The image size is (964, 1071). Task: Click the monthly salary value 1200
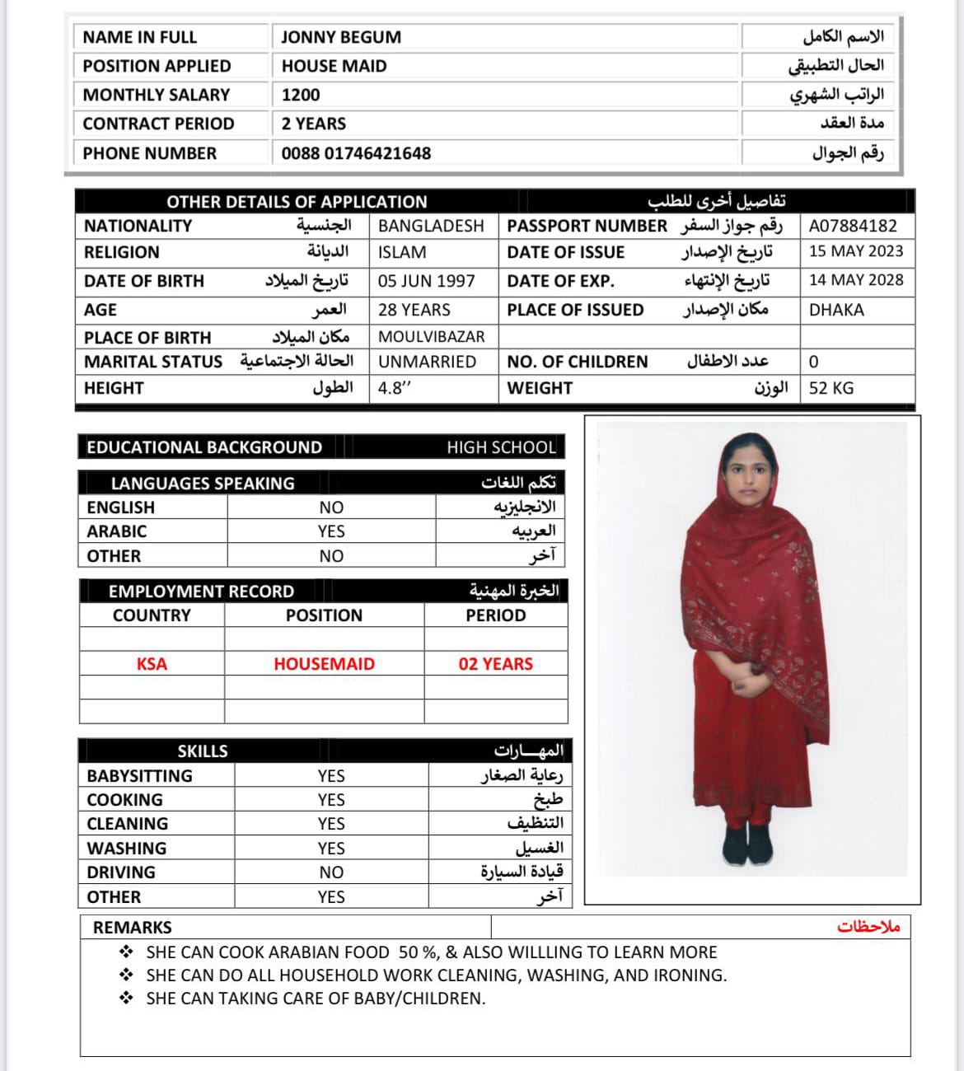pyautogui.click(x=301, y=95)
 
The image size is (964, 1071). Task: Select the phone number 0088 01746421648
pyautogui.click(x=356, y=153)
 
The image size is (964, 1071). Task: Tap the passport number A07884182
pyautogui.click(x=853, y=226)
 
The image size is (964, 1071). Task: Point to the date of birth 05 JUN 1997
pyautogui.click(x=426, y=281)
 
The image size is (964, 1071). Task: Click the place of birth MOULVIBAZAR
pyautogui.click(x=431, y=336)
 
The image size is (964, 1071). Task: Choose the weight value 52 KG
pyautogui.click(x=831, y=388)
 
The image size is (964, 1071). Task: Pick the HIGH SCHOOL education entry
pyautogui.click(x=501, y=447)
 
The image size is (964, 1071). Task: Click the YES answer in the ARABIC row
pyautogui.click(x=331, y=531)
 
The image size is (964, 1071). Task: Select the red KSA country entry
pyautogui.click(x=152, y=664)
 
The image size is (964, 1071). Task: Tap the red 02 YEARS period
pyautogui.click(x=495, y=664)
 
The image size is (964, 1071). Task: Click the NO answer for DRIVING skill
pyautogui.click(x=331, y=872)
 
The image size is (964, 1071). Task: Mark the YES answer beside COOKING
pyautogui.click(x=331, y=800)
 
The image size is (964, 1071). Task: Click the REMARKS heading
pyautogui.click(x=133, y=928)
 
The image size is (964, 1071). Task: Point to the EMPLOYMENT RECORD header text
pyautogui.click(x=201, y=592)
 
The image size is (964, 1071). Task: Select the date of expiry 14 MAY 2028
pyautogui.click(x=856, y=280)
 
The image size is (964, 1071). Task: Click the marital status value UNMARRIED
pyautogui.click(x=427, y=362)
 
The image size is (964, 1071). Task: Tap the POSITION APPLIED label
pyautogui.click(x=157, y=66)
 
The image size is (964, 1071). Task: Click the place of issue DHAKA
pyautogui.click(x=836, y=310)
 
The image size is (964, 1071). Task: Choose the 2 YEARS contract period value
pyautogui.click(x=314, y=124)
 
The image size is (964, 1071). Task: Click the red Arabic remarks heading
pyautogui.click(x=868, y=928)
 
